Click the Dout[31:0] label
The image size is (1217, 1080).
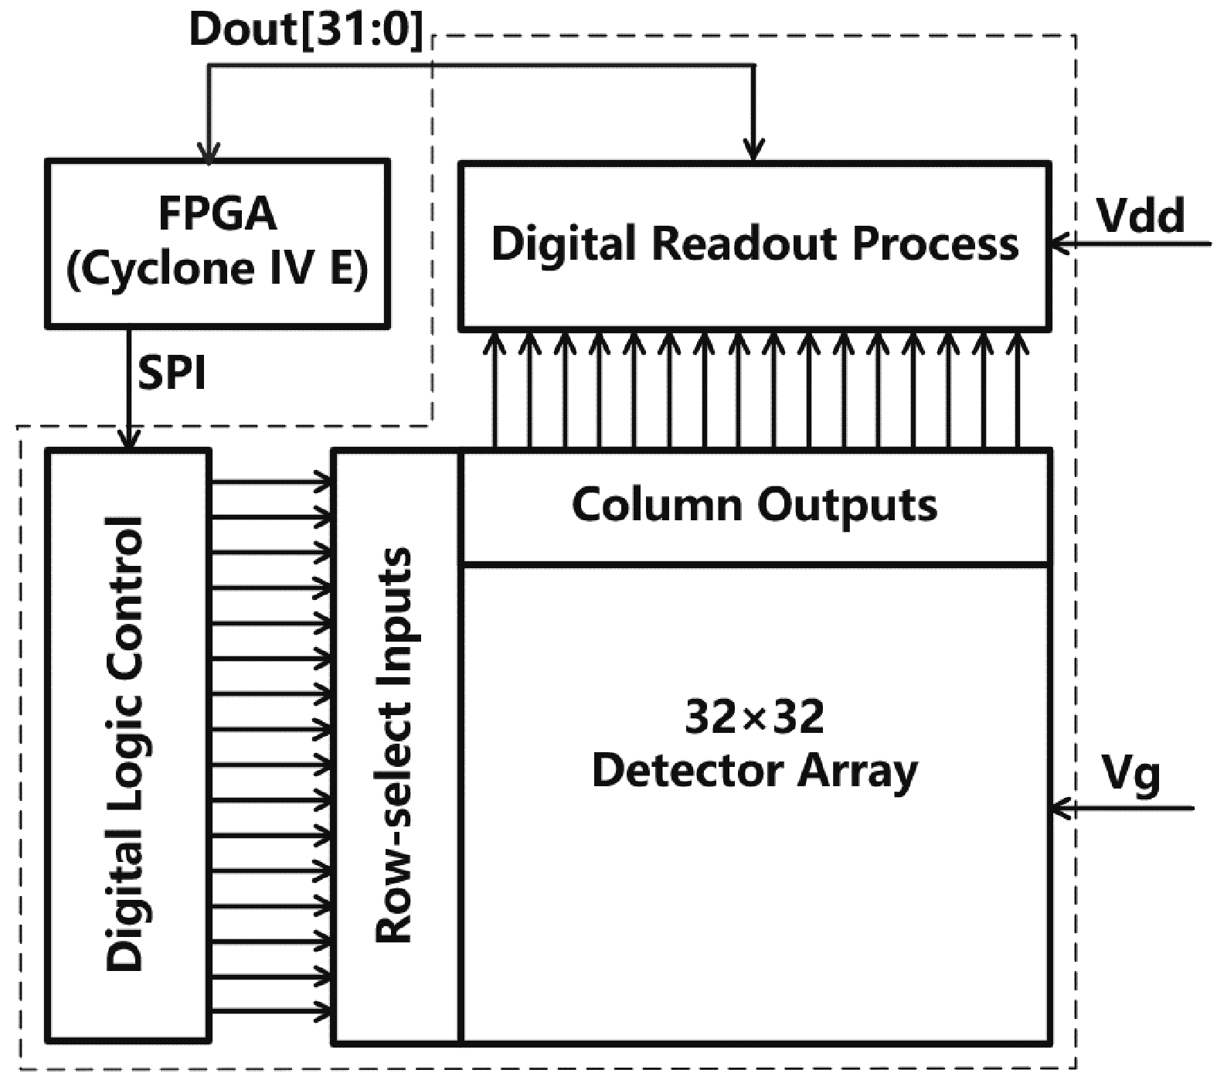307,30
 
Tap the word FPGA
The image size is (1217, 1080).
217,213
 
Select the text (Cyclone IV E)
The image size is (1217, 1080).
217,268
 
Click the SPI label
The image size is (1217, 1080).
172,374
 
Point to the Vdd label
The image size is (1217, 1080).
1140,216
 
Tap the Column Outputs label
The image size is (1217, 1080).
754,505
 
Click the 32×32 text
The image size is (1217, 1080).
754,717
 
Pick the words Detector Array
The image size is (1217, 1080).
754,771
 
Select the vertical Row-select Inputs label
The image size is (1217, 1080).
394,745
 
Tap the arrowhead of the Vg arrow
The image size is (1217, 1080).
1062,809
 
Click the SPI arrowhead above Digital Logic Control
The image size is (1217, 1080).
129,440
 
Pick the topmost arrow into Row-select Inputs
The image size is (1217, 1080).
323,482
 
